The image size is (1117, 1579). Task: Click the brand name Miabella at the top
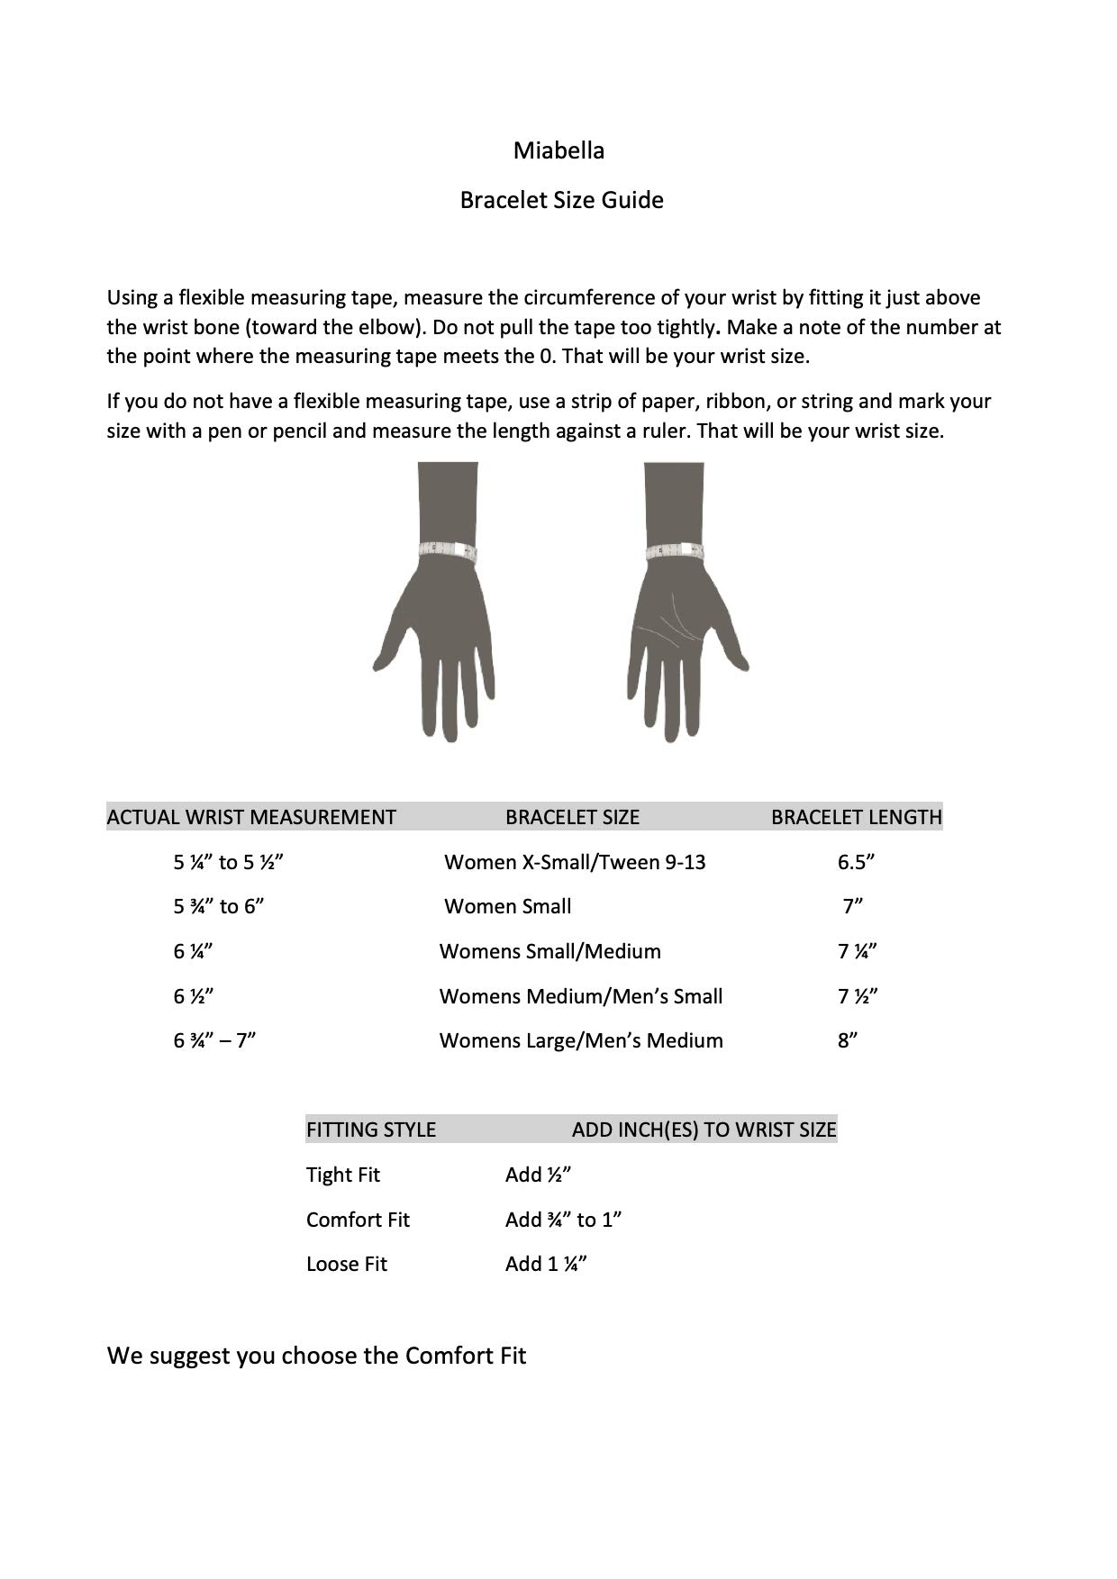(558, 150)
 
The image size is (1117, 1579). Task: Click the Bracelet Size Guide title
(561, 200)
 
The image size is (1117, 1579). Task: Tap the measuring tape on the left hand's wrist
(448, 550)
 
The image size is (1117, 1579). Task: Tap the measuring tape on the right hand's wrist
(675, 550)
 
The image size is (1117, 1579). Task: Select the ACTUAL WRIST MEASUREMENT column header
(251, 817)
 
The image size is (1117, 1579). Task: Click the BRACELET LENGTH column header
(856, 817)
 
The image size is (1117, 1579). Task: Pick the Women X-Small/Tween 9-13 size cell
(575, 862)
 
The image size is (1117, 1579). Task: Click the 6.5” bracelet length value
(856, 862)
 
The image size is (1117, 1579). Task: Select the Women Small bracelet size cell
(508, 906)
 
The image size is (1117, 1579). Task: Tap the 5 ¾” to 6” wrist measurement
(219, 906)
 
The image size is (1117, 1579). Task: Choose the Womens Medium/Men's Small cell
(581, 996)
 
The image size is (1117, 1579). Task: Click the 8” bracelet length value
(847, 1040)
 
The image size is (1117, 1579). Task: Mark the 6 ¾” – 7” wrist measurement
(215, 1040)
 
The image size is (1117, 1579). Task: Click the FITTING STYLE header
(371, 1130)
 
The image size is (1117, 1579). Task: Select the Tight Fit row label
(343, 1175)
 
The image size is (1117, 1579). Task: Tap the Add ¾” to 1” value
(564, 1220)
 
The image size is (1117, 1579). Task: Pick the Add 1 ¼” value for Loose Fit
(546, 1264)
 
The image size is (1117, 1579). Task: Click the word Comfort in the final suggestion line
(449, 1356)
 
